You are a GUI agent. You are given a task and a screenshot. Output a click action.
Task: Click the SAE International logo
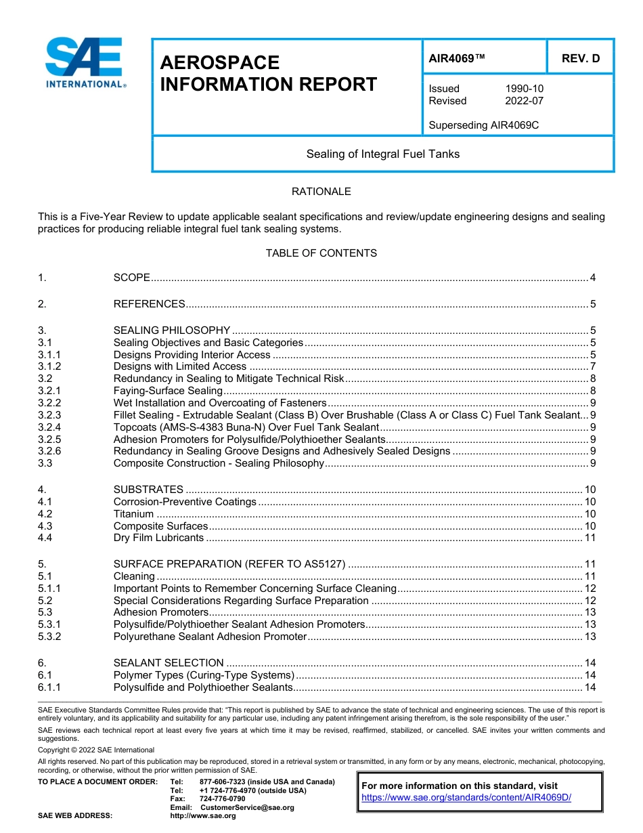click(x=85, y=63)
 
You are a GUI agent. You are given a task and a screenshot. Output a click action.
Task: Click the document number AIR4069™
click(x=457, y=58)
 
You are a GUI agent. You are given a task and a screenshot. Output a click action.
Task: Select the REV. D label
click(x=580, y=58)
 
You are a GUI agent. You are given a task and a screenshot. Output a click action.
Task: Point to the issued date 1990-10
click(x=524, y=89)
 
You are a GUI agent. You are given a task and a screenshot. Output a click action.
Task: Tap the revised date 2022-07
click(x=524, y=101)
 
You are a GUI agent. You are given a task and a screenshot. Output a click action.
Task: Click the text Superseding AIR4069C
click(x=483, y=125)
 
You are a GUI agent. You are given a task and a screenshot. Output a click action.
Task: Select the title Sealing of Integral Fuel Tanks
click(x=382, y=154)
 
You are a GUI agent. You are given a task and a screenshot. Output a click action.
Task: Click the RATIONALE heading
click(x=321, y=192)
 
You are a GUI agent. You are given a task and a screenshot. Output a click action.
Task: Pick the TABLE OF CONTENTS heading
click(x=321, y=253)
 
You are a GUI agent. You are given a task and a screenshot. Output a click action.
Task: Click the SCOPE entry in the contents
click(x=131, y=278)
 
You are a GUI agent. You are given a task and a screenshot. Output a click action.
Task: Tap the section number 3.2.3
click(x=49, y=415)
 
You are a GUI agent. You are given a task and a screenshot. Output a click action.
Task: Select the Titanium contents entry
click(x=133, y=514)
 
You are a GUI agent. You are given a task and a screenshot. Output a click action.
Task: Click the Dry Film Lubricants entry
click(x=158, y=538)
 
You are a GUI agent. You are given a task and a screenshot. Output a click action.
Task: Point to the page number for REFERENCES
click(x=592, y=304)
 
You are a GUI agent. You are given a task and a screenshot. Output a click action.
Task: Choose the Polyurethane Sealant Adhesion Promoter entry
click(x=210, y=637)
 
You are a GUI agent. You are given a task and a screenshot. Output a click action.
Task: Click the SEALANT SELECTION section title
click(x=168, y=663)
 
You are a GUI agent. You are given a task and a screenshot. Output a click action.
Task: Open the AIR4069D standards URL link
click(x=466, y=798)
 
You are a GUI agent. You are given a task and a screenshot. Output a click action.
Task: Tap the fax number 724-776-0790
click(x=222, y=799)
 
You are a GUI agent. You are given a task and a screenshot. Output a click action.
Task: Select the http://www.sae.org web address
click(x=203, y=816)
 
